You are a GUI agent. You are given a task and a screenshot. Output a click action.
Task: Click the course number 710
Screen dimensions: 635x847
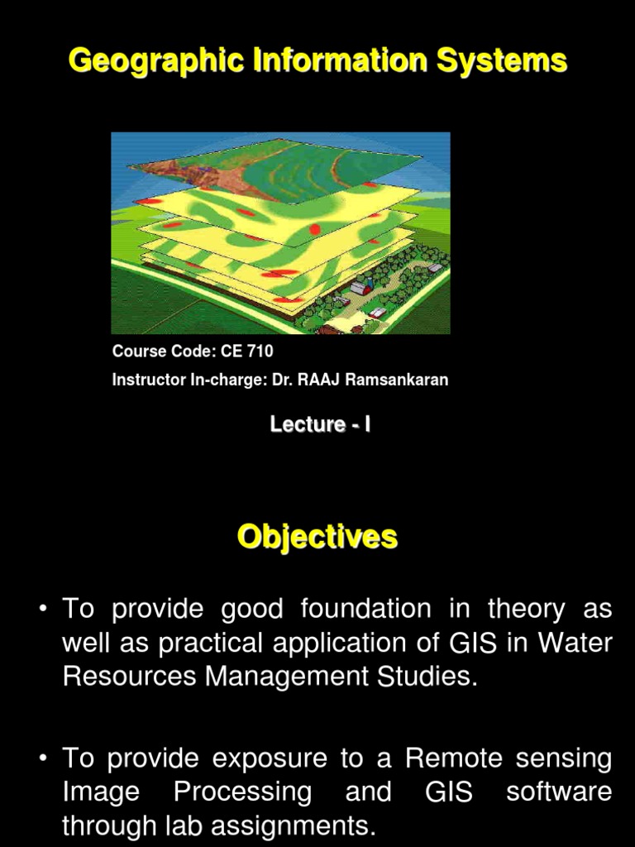pyautogui.click(x=260, y=351)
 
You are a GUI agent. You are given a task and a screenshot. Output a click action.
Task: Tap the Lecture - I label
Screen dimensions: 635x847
pyautogui.click(x=320, y=424)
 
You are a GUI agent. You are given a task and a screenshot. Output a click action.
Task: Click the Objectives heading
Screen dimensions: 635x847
pyautogui.click(x=317, y=537)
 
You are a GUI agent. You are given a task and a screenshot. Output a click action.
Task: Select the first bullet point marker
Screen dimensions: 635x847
pyautogui.click(x=43, y=609)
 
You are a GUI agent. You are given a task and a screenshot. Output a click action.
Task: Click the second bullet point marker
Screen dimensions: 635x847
pyautogui.click(x=43, y=758)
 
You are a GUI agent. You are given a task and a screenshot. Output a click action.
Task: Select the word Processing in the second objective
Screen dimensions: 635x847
pyautogui.click(x=242, y=792)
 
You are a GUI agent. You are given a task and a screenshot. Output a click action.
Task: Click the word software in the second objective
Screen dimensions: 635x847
pyautogui.click(x=559, y=792)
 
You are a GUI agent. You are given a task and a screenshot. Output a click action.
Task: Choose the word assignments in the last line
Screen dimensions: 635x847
pyautogui.click(x=294, y=826)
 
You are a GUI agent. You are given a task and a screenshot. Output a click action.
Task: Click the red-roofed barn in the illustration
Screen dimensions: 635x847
pyautogui.click(x=361, y=285)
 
